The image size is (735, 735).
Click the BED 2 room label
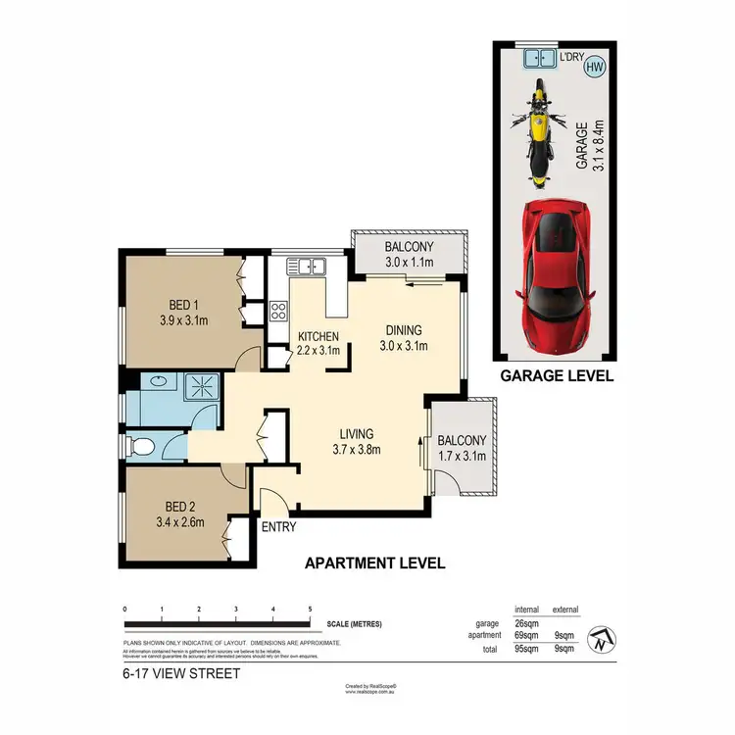[x=176, y=514]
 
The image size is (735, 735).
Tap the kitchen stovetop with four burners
[x=277, y=313]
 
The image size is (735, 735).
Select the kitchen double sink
[x=307, y=265]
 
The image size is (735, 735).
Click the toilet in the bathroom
[x=141, y=448]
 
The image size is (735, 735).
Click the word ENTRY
[x=279, y=527]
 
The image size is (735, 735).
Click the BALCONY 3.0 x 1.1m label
[x=409, y=255]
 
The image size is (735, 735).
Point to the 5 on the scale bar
[x=310, y=609]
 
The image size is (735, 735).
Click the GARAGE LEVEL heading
[x=557, y=375]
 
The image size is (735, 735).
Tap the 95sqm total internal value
[x=526, y=648]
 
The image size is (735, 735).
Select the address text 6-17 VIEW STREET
[x=181, y=674]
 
